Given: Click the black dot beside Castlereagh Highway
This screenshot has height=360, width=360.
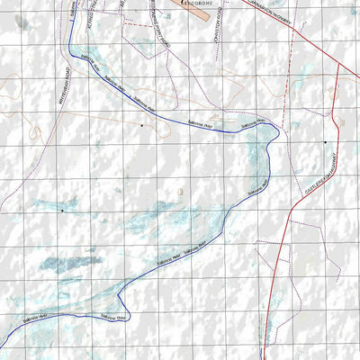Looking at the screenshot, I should click(326, 142).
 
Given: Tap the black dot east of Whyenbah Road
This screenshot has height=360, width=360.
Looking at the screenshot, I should click(141, 126).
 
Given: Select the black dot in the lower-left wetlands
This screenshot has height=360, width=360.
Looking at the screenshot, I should click(62, 211).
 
